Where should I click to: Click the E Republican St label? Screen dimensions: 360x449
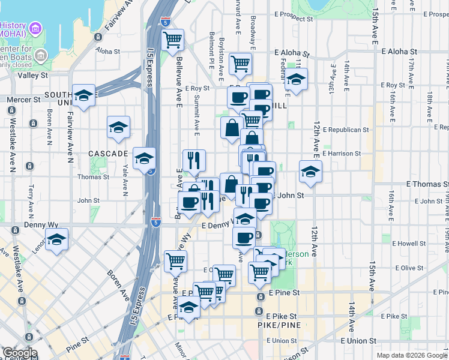[x=345, y=129]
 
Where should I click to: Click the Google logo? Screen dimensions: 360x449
[x=19, y=353]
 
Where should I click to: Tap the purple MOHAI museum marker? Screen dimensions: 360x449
[x=35, y=28]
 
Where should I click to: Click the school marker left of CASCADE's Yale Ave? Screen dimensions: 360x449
[x=119, y=127]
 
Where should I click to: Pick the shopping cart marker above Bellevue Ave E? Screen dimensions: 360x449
[x=173, y=40]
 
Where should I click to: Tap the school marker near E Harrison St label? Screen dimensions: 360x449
[x=310, y=171]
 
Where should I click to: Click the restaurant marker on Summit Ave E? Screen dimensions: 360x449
[x=194, y=160]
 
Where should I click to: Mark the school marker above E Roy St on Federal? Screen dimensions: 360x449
[x=295, y=79]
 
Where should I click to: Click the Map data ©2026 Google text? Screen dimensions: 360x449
[x=412, y=355]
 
